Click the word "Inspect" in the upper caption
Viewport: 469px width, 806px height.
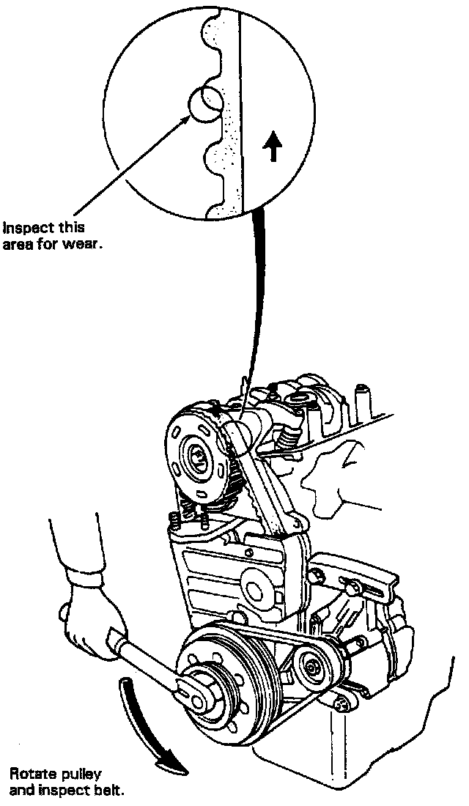pyautogui.click(x=26, y=228)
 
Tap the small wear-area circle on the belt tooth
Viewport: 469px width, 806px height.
pyautogui.click(x=205, y=103)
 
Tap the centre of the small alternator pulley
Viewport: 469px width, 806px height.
pyautogui.click(x=310, y=666)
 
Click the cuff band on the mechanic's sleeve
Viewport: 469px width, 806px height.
pyautogui.click(x=84, y=579)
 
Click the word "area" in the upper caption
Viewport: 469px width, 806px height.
pyautogui.click(x=19, y=245)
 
